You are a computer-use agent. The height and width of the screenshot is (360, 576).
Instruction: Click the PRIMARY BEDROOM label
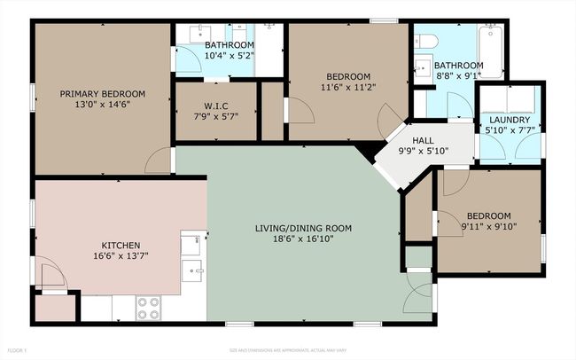click(x=102, y=93)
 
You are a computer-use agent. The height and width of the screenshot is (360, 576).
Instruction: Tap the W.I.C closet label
click(x=216, y=106)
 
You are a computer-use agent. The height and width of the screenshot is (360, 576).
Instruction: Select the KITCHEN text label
click(x=121, y=245)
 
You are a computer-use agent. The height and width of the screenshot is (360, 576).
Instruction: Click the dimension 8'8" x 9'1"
click(x=458, y=76)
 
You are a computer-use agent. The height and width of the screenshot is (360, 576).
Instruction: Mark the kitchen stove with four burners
click(x=149, y=307)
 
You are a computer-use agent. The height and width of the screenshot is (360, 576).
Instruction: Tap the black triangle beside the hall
click(x=366, y=153)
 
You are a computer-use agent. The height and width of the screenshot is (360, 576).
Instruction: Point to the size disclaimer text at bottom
click(x=287, y=350)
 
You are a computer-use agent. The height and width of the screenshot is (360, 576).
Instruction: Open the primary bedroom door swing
click(x=159, y=160)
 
